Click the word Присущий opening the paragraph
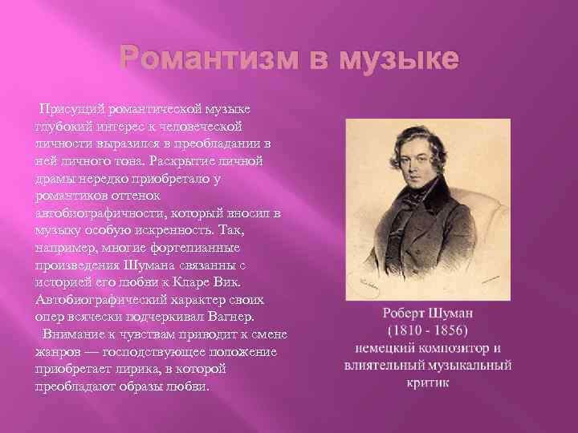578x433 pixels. (x=70, y=108)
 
